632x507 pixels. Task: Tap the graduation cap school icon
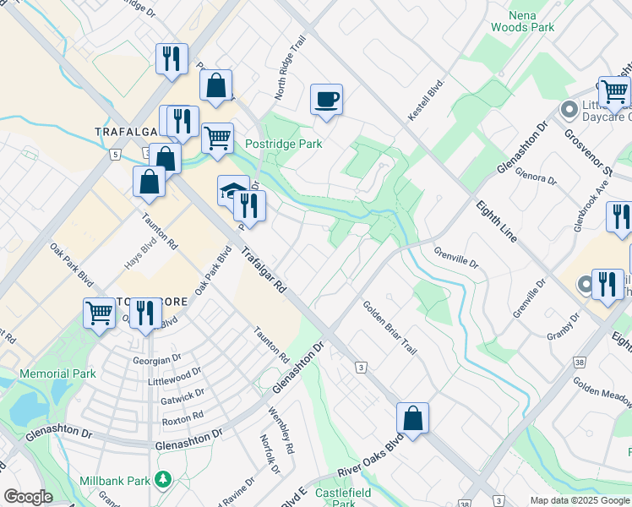tap(233, 191)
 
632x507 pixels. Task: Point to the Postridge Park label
tap(283, 144)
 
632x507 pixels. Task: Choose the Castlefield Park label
tap(335, 497)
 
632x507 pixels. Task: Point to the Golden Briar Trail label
tap(390, 328)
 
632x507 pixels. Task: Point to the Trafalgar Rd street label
tap(263, 270)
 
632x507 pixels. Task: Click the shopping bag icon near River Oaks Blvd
tap(412, 418)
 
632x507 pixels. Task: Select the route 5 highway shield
tap(113, 154)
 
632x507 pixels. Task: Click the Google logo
tap(28, 497)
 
